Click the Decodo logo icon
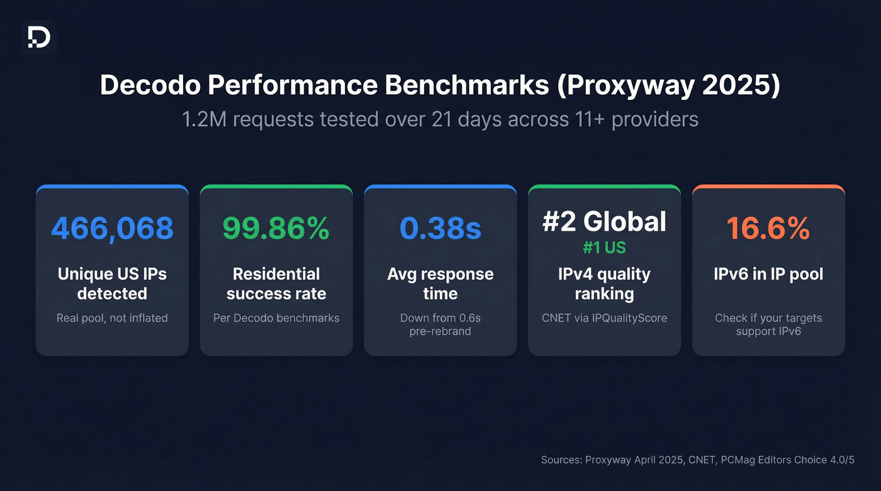pos(39,38)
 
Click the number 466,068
pos(112,228)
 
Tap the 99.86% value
pos(276,228)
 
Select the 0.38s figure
pos(441,228)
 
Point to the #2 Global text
pos(604,221)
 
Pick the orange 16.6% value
pos(768,228)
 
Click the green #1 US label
pos(604,248)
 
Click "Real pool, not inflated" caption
pos(112,318)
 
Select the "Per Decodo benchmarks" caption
pos(276,318)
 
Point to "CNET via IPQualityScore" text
pos(604,318)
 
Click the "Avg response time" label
pos(441,284)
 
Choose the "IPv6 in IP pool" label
pos(768,274)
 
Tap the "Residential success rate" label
pos(276,284)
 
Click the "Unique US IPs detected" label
pos(112,284)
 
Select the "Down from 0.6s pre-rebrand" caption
pos(441,324)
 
